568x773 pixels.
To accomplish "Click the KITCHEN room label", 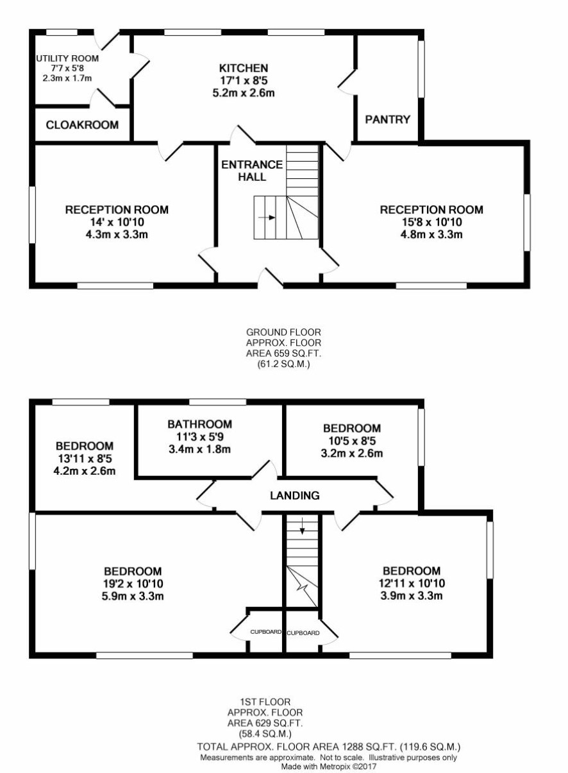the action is pyautogui.click(x=244, y=67).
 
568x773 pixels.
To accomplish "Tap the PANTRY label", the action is pyautogui.click(x=388, y=119).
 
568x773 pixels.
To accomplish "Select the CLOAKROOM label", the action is pyautogui.click(x=82, y=124).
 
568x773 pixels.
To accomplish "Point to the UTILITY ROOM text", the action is pyautogui.click(x=67, y=58).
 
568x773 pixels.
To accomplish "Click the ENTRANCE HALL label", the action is pyautogui.click(x=252, y=171).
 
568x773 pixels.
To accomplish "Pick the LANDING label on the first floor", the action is pyautogui.click(x=294, y=495).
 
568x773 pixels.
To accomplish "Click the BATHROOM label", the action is pyautogui.click(x=199, y=424).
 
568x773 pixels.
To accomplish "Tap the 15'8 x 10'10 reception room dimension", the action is pyautogui.click(x=431, y=222).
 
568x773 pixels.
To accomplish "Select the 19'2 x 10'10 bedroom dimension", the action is pyautogui.click(x=133, y=584).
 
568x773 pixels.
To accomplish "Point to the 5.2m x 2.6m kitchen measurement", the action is pyautogui.click(x=244, y=93).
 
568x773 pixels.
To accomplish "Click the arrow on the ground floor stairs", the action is pyautogui.click(x=267, y=217).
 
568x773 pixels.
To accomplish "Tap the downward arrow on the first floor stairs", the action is pyautogui.click(x=302, y=526).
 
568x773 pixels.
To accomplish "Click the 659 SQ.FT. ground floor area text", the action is pyautogui.click(x=283, y=353).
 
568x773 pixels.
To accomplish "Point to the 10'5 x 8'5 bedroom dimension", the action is pyautogui.click(x=352, y=441).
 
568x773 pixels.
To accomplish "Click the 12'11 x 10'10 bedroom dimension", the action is pyautogui.click(x=412, y=583).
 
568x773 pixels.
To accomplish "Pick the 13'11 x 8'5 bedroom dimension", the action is pyautogui.click(x=85, y=458).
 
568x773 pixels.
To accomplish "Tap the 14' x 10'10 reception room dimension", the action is pyautogui.click(x=117, y=222).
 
